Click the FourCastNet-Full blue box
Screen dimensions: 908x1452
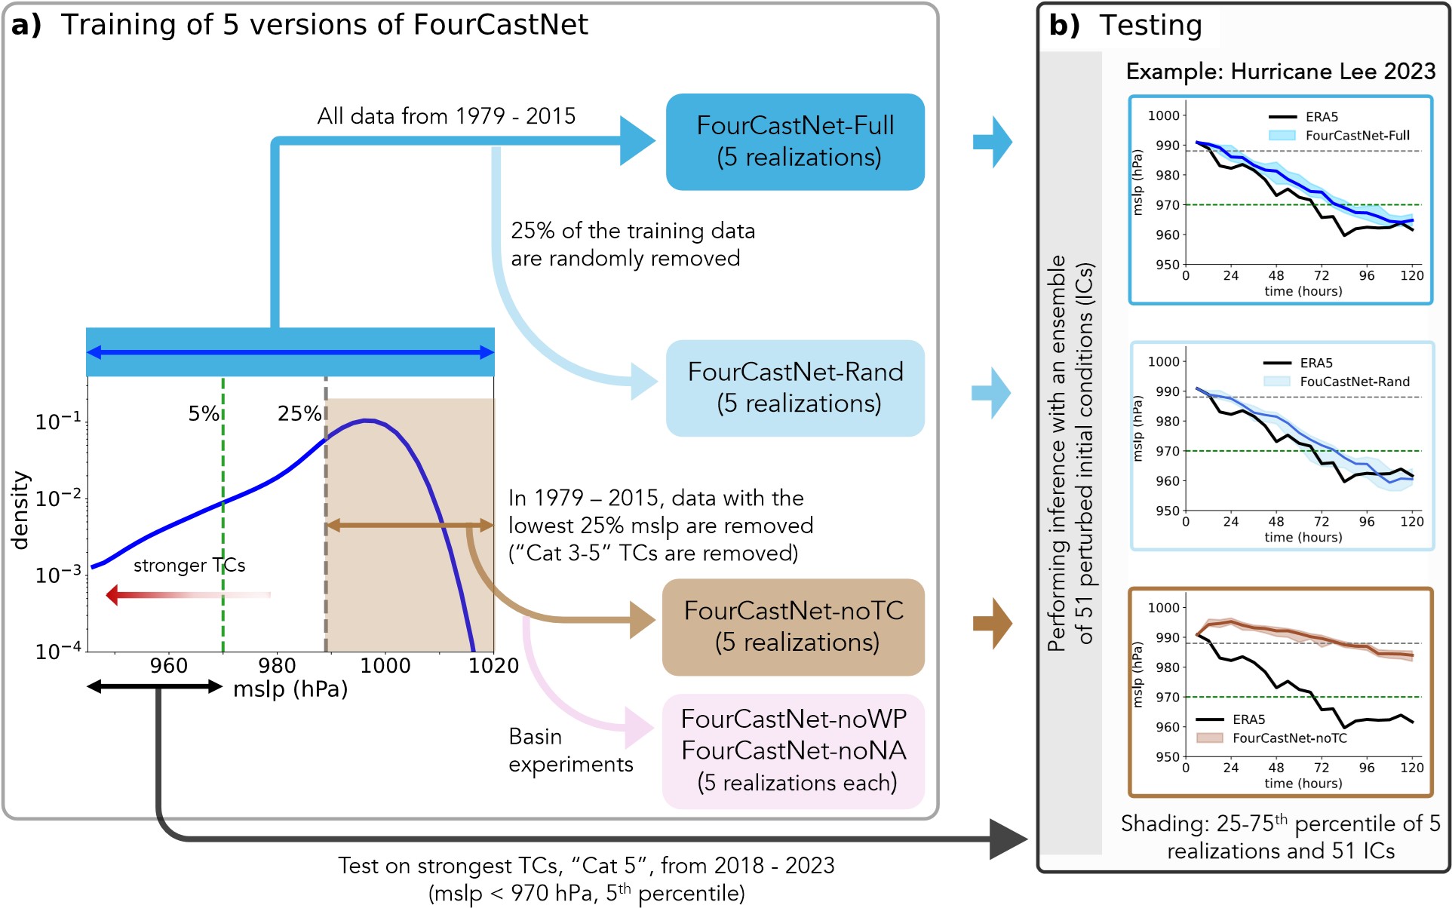click(795, 142)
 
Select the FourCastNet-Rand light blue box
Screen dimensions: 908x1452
click(795, 388)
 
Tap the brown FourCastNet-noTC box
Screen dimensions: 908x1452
click(793, 627)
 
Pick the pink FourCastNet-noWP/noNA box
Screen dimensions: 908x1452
click(793, 751)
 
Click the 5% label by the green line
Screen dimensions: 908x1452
click(203, 413)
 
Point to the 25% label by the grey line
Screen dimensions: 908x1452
click(299, 413)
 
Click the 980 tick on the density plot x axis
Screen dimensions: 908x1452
click(277, 665)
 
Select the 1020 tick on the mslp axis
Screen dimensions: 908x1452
click(493, 665)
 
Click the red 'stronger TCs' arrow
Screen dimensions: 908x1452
click(188, 595)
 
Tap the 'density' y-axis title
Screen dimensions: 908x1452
click(20, 511)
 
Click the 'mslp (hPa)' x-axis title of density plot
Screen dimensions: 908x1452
click(290, 689)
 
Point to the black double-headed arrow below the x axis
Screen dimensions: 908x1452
click(155, 686)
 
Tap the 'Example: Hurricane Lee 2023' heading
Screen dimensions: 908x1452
click(1280, 72)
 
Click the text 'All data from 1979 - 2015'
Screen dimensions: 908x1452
click(446, 116)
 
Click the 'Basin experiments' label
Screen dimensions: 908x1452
click(569, 750)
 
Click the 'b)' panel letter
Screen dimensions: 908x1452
click(1064, 26)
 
